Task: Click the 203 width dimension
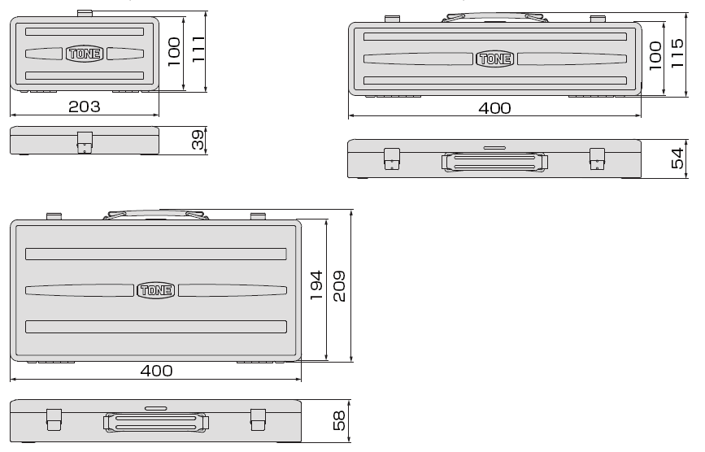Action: (x=84, y=107)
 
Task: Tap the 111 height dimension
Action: (x=198, y=49)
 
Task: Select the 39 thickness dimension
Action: (x=198, y=140)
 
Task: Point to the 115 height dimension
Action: (x=677, y=53)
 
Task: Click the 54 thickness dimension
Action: (x=677, y=159)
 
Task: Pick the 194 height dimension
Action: (x=316, y=285)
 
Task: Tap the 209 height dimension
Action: (x=339, y=286)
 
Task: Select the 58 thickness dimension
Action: (x=339, y=420)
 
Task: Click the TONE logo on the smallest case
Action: (x=85, y=54)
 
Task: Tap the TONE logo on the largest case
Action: (x=155, y=290)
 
